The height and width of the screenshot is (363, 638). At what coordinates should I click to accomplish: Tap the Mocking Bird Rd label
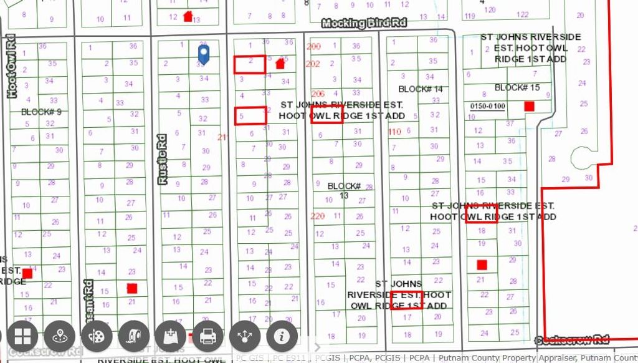tap(364, 23)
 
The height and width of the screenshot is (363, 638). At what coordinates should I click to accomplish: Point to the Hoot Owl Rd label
tap(11, 69)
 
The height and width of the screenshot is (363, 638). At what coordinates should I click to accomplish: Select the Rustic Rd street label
tap(163, 158)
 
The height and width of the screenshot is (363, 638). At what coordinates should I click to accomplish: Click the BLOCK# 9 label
tap(41, 112)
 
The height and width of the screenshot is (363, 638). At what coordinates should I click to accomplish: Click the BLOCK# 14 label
tap(421, 89)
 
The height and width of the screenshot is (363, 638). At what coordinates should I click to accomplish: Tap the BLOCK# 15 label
tap(517, 87)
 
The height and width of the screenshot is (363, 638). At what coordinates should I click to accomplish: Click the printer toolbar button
tap(207, 337)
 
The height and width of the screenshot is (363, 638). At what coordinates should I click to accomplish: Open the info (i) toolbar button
tap(282, 337)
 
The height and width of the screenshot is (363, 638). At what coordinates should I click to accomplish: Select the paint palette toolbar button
tap(97, 337)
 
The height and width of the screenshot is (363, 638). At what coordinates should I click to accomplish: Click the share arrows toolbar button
tap(245, 337)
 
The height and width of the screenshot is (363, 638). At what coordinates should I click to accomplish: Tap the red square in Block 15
tap(529, 106)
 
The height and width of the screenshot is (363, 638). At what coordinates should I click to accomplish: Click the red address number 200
tap(313, 47)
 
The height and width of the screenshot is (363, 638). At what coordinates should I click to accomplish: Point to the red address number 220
tap(317, 216)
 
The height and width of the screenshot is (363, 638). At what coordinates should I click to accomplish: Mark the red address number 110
tap(394, 132)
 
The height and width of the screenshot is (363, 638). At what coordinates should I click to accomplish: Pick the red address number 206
tap(318, 94)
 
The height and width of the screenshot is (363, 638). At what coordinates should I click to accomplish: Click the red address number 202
tap(313, 64)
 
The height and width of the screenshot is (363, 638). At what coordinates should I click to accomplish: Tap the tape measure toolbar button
tap(134, 337)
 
